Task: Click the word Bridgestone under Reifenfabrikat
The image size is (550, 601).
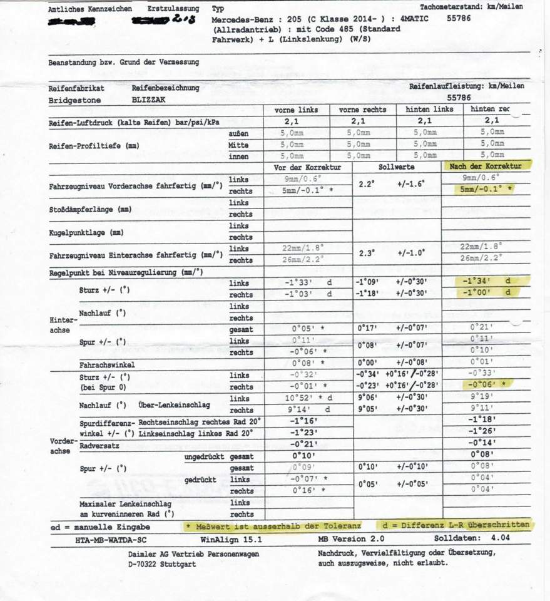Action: (x=74, y=100)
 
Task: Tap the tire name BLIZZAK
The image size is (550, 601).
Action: (x=150, y=100)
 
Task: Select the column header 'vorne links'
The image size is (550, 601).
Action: (x=296, y=110)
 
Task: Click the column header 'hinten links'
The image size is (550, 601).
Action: (x=429, y=110)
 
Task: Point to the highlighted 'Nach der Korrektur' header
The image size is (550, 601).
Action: (x=486, y=166)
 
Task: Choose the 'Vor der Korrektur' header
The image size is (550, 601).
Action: (x=307, y=168)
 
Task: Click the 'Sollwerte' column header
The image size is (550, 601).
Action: (x=396, y=168)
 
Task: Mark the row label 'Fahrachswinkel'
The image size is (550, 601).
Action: (x=107, y=364)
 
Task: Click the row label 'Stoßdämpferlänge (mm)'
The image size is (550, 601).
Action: (x=90, y=209)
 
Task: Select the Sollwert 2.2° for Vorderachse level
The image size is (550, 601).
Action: (x=366, y=185)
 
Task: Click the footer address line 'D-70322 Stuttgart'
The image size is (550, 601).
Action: (x=162, y=564)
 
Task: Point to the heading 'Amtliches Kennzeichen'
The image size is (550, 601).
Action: (x=90, y=9)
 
